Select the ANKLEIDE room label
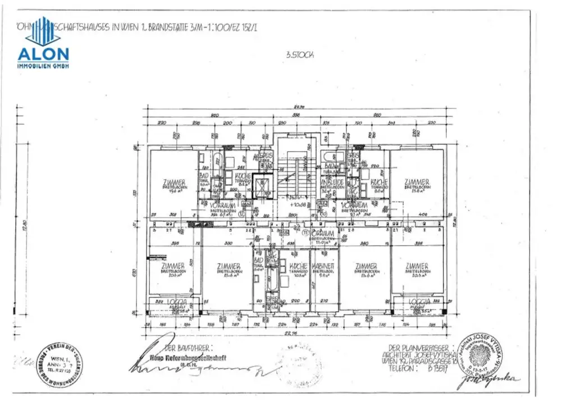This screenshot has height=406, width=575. pos(331,183)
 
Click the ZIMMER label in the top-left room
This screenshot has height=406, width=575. pos(174,183)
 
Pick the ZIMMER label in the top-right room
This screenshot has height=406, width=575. pos(417,183)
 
